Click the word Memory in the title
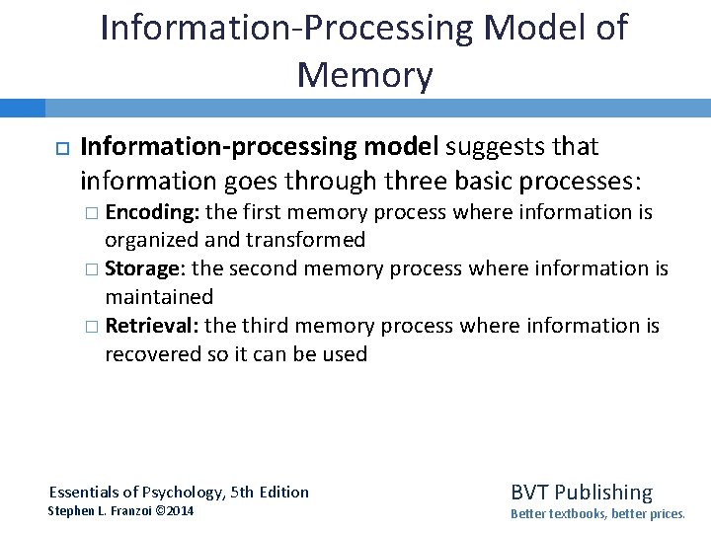tap(363, 74)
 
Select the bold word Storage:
tap(147, 268)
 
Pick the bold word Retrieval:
tap(152, 326)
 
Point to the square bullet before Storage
tap(92, 269)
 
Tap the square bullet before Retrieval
tap(92, 327)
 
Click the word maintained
tap(159, 296)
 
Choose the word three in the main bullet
tap(422, 182)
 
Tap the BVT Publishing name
tap(581, 492)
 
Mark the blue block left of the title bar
tap(23, 108)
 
